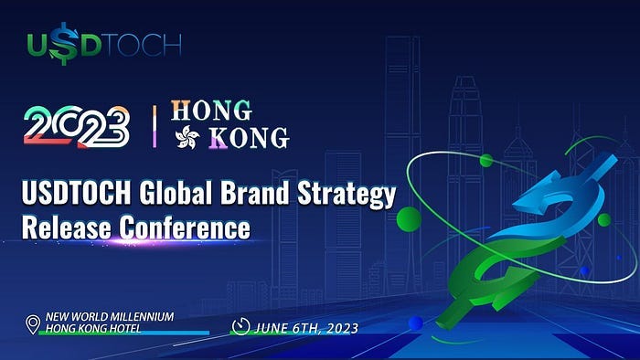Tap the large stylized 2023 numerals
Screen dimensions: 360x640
[x=77, y=125]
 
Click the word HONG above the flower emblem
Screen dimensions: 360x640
[x=211, y=111]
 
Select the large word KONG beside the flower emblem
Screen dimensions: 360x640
[x=249, y=138]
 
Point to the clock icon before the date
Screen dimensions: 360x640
[x=241, y=325]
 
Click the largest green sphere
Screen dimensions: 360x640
[x=409, y=218]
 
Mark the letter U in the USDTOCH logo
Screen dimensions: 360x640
[x=37, y=44]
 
